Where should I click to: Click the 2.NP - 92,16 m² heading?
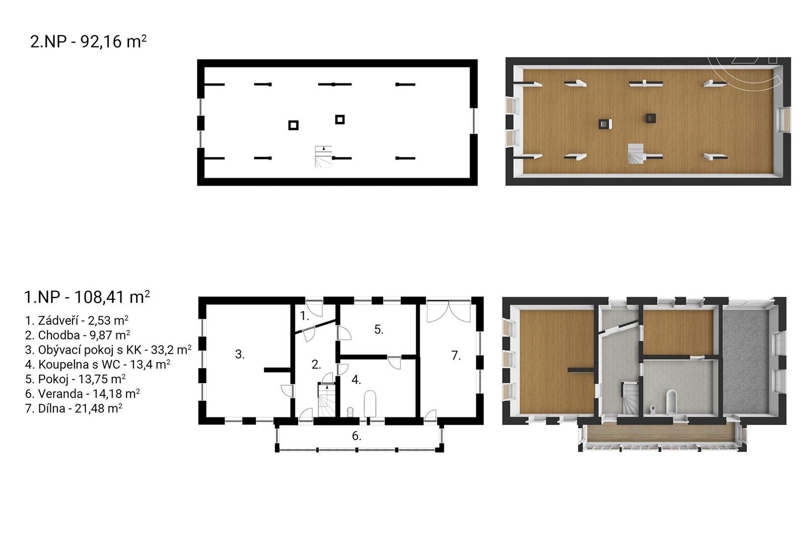coord(89,42)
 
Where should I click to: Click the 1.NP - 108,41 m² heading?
coord(87,297)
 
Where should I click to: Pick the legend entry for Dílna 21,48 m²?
coord(74,408)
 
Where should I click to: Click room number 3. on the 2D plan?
coord(240,354)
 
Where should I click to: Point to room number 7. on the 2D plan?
coord(456,355)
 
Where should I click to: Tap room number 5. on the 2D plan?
coord(379,329)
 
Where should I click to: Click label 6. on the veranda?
coord(357,436)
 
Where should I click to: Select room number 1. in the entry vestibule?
coord(305,316)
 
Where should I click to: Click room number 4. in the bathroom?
coord(356,380)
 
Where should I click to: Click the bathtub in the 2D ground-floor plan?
coord(371,404)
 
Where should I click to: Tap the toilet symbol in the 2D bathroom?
coord(350,412)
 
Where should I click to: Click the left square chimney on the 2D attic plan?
coord(293,125)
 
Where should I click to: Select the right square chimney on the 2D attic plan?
coord(340,119)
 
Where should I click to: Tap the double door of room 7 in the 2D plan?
coord(448,311)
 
